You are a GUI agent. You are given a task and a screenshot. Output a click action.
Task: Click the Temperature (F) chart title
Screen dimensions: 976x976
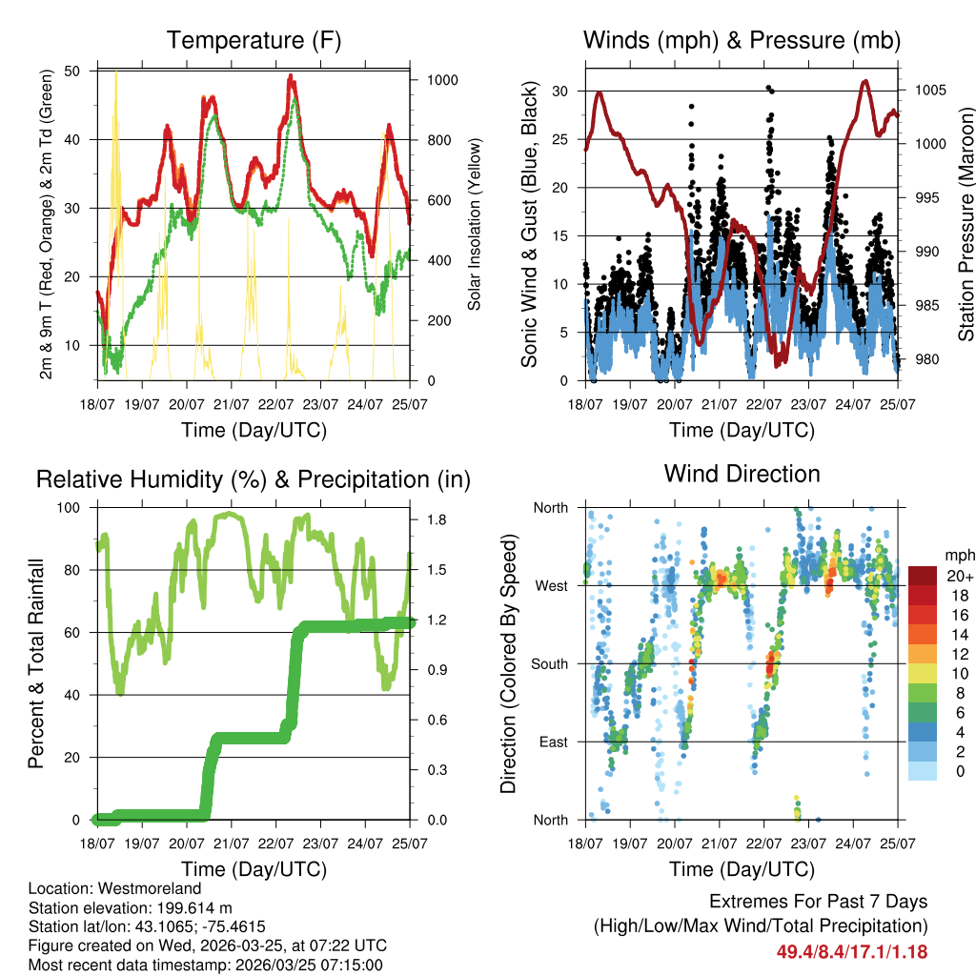coord(254,41)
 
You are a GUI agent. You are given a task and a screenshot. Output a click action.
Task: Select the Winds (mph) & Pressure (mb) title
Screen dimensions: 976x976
coord(742,41)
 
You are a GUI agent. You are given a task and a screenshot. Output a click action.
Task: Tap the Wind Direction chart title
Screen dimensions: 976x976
coord(742,474)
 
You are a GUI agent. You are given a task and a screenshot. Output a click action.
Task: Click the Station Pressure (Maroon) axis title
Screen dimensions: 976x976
coord(966,224)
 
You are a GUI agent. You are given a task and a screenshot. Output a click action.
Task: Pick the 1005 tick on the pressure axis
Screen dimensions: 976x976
coord(929,91)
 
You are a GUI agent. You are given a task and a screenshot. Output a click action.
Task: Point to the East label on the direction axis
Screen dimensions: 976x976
coord(552,742)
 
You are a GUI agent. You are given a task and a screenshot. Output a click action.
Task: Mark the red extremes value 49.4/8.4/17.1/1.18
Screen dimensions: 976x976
coord(851,951)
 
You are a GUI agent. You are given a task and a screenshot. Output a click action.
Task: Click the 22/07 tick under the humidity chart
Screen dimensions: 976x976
coord(276,843)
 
